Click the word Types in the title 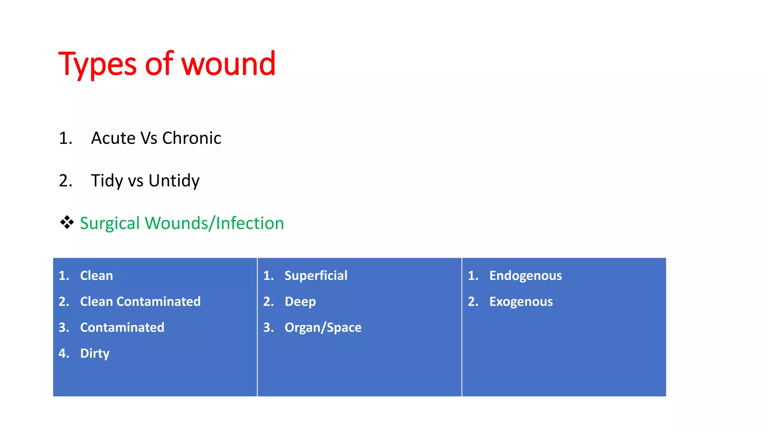97,64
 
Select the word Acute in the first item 113,138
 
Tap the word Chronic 191,138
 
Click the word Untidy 174,181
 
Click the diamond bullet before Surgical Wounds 67,222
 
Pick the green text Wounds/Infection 214,223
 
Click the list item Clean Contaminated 140,301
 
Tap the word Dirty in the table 95,353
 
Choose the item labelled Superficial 316,276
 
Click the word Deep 300,301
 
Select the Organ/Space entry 323,327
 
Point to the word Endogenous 525,276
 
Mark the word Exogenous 521,301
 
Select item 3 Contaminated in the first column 122,327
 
